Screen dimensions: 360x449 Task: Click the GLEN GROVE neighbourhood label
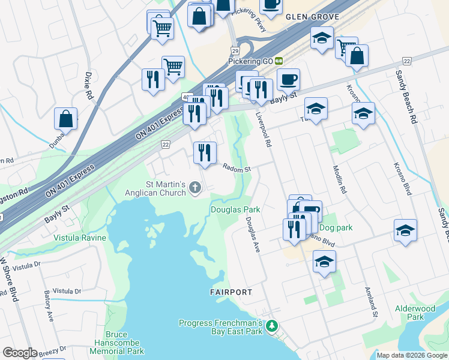(x=312, y=17)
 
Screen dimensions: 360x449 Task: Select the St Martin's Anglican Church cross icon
(x=194, y=189)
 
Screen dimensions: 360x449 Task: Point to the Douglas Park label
(x=235, y=209)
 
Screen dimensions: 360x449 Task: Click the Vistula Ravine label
(x=80, y=238)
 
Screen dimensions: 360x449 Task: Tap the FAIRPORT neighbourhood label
(x=231, y=292)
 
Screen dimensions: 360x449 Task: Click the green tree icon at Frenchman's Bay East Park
(x=272, y=326)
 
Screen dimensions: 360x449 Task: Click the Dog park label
(x=336, y=228)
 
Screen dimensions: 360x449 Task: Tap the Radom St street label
(x=237, y=169)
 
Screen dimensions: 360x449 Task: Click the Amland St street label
(x=370, y=302)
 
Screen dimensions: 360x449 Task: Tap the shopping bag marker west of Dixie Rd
(x=66, y=119)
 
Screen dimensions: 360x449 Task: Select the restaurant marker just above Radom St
(x=205, y=153)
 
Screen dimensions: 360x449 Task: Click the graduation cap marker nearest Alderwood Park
(x=406, y=230)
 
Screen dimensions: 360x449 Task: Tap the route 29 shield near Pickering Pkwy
(x=235, y=52)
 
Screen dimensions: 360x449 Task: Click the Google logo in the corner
(x=20, y=353)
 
